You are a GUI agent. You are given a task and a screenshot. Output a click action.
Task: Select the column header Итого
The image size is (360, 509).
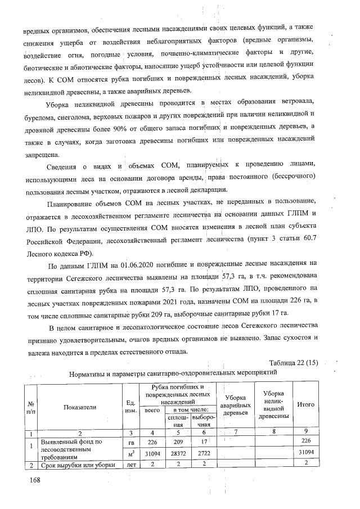(x=305, y=404)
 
